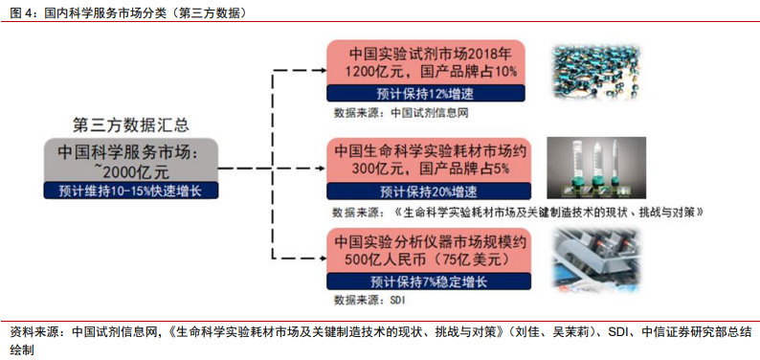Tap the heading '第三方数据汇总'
point(131,124)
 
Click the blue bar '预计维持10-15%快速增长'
point(131,190)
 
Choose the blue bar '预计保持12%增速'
point(426,93)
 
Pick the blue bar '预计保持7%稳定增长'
point(426,281)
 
